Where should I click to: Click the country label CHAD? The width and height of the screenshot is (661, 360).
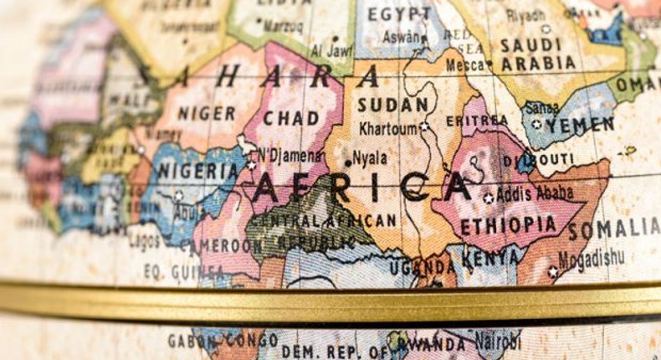point(291,118)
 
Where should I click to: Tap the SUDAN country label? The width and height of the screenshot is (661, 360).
point(392,105)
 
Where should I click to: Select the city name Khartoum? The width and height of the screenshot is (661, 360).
point(387,129)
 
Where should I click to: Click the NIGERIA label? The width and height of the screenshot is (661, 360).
point(198,171)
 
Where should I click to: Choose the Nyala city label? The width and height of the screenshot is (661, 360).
point(369,157)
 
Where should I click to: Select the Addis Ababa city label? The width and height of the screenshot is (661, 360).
point(535,193)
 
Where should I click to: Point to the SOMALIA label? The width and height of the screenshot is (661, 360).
point(614,228)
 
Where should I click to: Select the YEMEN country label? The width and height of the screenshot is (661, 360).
point(580,124)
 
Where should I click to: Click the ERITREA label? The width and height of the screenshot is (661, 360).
point(477,121)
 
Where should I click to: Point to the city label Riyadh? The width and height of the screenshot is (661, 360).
point(525,15)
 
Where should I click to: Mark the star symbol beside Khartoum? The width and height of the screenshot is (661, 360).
point(423,126)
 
